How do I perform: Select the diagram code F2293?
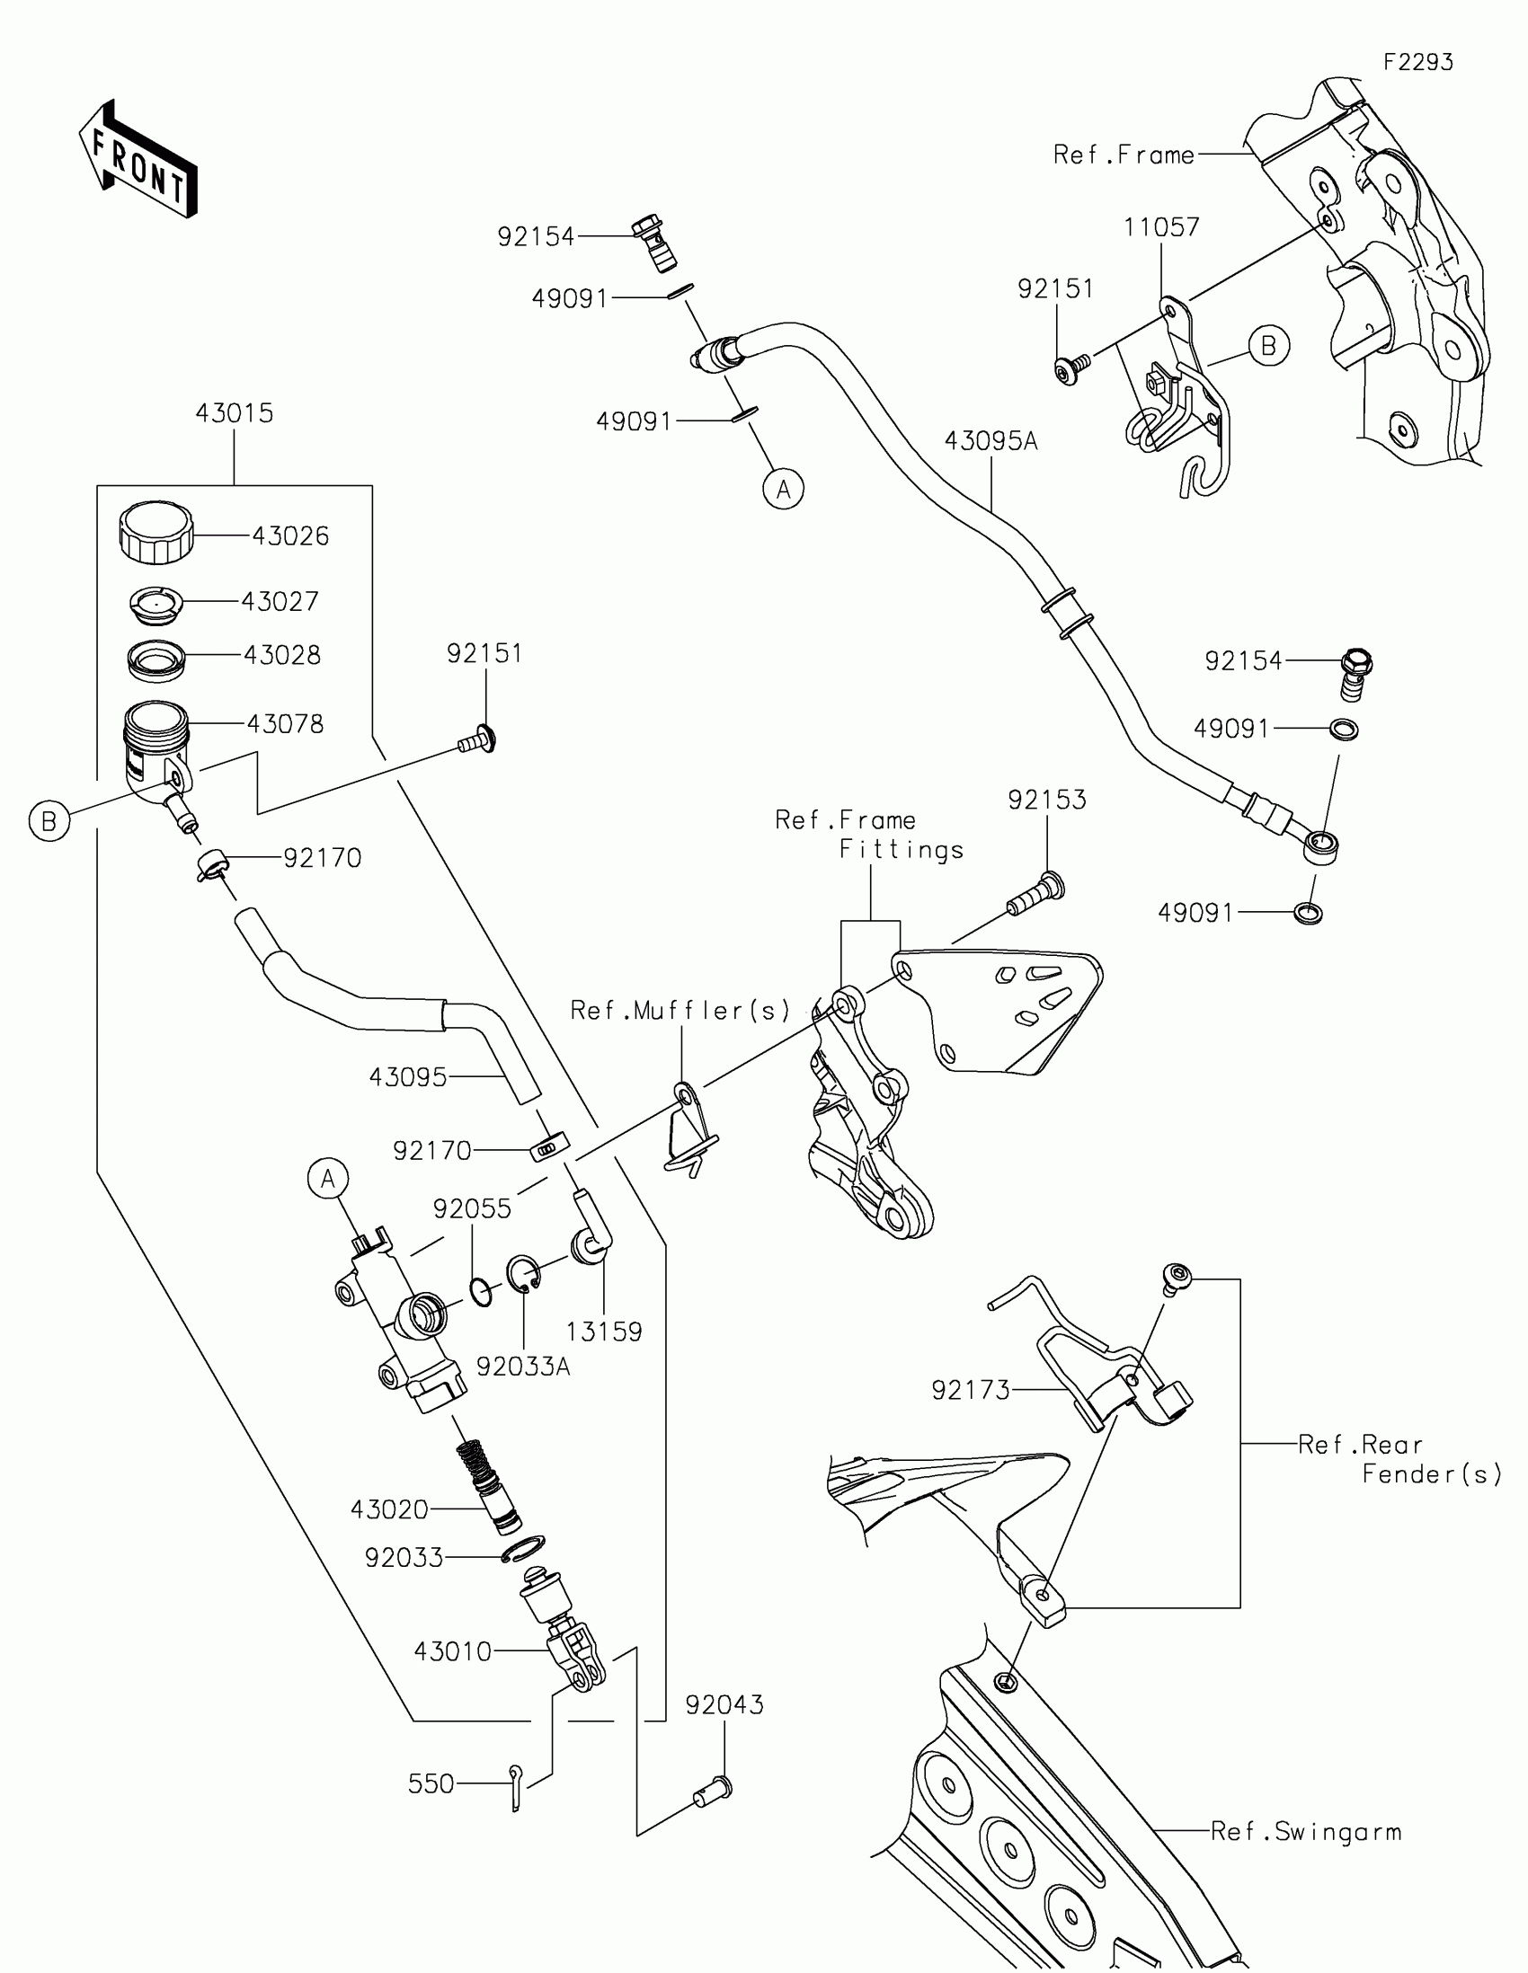[x=1417, y=62]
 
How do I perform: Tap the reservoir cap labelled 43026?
[x=156, y=532]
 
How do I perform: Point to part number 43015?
[x=234, y=414]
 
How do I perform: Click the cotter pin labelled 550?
[x=514, y=1788]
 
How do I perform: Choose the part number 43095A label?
[x=991, y=441]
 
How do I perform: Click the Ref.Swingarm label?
[x=1306, y=1832]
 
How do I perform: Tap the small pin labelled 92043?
[x=714, y=1790]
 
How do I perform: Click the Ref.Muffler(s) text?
[x=680, y=1010]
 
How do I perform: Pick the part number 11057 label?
[x=1161, y=226]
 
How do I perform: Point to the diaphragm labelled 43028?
[x=156, y=659]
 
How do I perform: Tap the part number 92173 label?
[x=971, y=1389]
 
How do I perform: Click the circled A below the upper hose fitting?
[x=783, y=489]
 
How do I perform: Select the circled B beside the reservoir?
[x=49, y=821]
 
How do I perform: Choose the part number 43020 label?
[x=389, y=1509]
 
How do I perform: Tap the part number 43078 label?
[x=285, y=723]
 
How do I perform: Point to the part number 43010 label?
[x=453, y=1651]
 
